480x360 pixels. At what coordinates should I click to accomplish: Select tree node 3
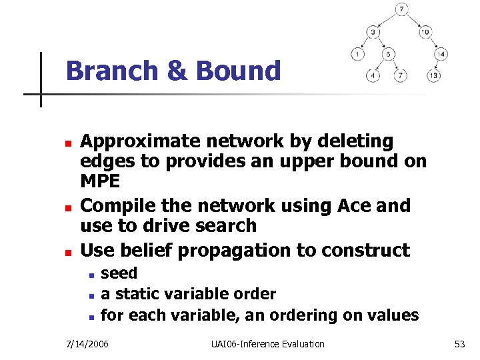tap(375, 31)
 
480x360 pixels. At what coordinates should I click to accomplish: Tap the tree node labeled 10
tap(425, 31)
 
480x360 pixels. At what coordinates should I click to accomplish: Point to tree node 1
tap(358, 54)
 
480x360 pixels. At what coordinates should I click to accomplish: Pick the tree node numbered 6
tap(387, 54)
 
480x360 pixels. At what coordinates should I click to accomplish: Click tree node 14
tap(441, 54)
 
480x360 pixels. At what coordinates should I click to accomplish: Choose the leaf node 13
tap(434, 75)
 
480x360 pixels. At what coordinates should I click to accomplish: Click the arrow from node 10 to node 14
tap(433, 43)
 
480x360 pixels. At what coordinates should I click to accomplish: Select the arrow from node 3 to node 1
tap(366, 43)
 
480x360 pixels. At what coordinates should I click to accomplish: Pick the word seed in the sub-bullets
tap(119, 273)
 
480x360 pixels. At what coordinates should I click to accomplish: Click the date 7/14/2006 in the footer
tap(88, 344)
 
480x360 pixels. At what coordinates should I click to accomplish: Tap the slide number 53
tap(459, 344)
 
